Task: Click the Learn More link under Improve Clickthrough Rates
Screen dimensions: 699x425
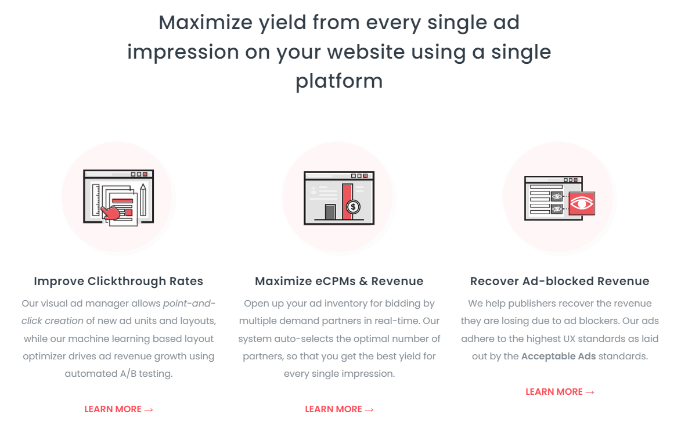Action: pyautogui.click(x=118, y=409)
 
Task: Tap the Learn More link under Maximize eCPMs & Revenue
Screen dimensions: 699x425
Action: pyautogui.click(x=339, y=409)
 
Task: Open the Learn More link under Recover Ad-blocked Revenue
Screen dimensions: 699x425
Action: pyautogui.click(x=560, y=391)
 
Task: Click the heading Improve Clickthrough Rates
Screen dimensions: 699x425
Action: pyautogui.click(x=118, y=281)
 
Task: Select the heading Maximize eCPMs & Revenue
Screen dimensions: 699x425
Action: pyautogui.click(x=339, y=281)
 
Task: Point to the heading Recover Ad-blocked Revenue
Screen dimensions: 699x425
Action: pyautogui.click(x=560, y=281)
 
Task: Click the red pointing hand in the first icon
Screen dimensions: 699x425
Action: pyautogui.click(x=110, y=212)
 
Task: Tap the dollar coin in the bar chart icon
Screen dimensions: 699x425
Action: pyautogui.click(x=353, y=207)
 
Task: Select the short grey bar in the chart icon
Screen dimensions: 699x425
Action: pyautogui.click(x=330, y=211)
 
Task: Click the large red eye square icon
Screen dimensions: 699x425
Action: pyautogui.click(x=582, y=203)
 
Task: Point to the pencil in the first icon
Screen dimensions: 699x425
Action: pyautogui.click(x=143, y=199)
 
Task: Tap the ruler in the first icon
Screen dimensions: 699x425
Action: pyautogui.click(x=96, y=200)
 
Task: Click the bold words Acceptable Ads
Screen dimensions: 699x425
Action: pyautogui.click(x=559, y=356)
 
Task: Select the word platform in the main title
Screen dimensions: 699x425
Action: pyautogui.click(x=339, y=82)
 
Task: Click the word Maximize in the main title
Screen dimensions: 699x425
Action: pyautogui.click(x=206, y=23)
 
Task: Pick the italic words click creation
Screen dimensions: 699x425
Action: pyautogui.click(x=52, y=320)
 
